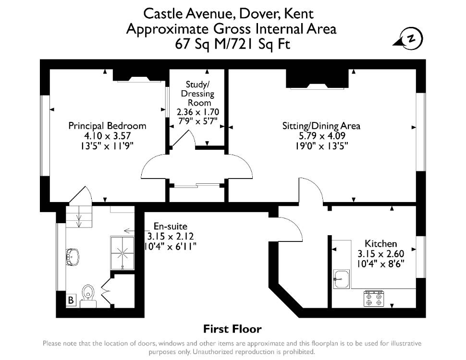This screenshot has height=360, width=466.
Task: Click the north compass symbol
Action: point(409,38)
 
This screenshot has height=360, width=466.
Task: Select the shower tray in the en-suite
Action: point(122,253)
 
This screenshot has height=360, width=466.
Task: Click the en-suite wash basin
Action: point(72,257)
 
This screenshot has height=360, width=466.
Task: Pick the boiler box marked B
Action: point(71,300)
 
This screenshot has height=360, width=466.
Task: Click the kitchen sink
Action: point(342,279)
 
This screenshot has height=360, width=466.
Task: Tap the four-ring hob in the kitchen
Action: point(374,299)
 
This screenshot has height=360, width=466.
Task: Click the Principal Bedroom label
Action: point(107,126)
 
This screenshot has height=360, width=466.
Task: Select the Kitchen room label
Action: point(380,243)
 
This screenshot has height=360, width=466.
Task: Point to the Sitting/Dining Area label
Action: point(321,126)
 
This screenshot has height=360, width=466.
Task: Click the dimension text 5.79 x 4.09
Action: point(322,136)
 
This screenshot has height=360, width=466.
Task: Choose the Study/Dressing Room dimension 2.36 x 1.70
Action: point(197,112)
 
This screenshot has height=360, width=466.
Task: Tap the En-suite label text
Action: point(170,227)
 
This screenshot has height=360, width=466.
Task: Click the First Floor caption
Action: point(233,329)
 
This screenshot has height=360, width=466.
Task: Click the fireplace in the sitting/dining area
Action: point(317,79)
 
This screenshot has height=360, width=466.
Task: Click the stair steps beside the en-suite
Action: point(79,216)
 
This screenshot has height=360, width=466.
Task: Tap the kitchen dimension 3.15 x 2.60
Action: point(380,253)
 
